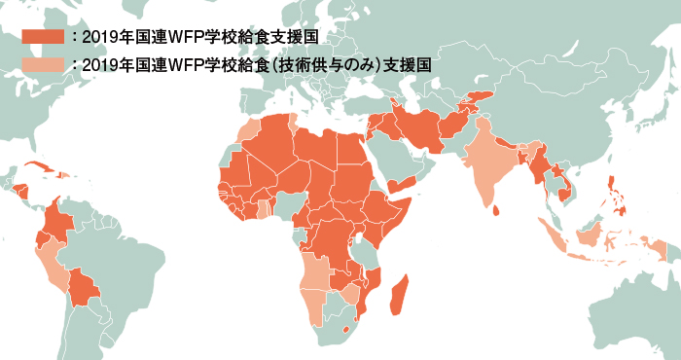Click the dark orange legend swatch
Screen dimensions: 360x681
coord(42,38)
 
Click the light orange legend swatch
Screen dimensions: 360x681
coord(42,64)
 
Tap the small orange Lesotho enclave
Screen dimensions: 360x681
coord(348,331)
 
